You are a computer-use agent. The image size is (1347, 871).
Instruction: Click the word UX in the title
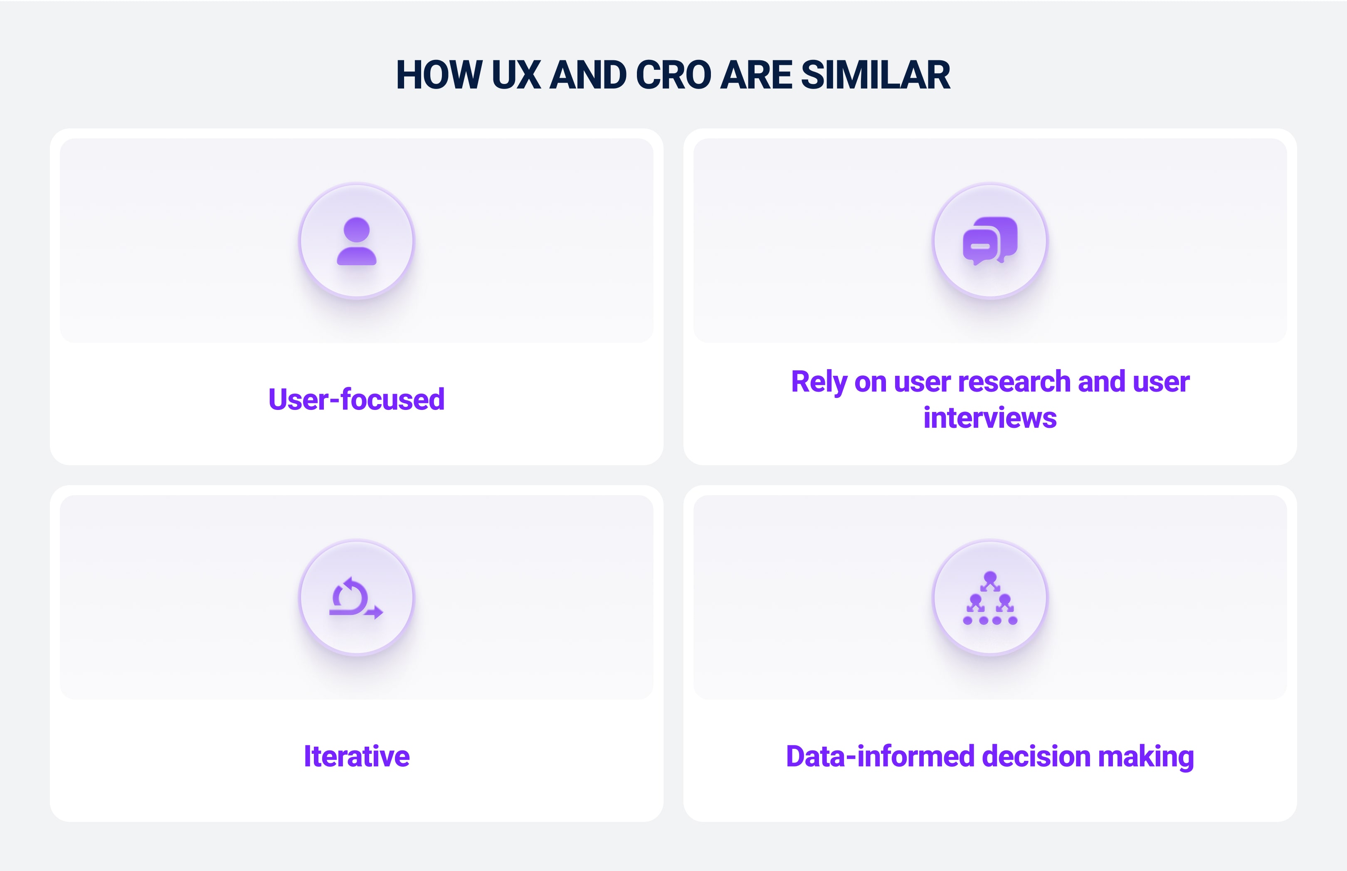[x=516, y=75]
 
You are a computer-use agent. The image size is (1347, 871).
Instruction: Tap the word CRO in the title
[x=673, y=75]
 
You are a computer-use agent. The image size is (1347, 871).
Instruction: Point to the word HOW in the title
[x=439, y=75]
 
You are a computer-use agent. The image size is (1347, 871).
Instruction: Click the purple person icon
[x=356, y=241]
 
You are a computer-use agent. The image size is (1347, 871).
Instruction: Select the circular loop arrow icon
[x=356, y=598]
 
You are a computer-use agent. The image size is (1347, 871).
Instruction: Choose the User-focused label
[x=356, y=399]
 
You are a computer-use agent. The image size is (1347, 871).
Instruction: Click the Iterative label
[x=356, y=756]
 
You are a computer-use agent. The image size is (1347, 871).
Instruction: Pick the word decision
[x=1036, y=756]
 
